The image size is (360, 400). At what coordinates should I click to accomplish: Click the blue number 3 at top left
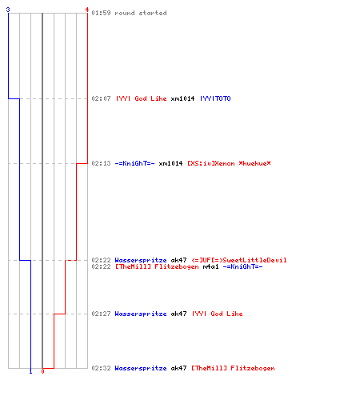8,10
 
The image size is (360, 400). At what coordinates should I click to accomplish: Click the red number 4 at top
86,10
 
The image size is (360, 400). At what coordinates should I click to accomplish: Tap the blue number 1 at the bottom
30,371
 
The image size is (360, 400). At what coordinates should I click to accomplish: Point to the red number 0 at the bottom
42,371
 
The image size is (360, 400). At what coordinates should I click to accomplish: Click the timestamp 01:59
101,13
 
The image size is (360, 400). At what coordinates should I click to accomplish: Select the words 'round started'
141,13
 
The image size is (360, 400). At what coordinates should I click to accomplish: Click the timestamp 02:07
101,98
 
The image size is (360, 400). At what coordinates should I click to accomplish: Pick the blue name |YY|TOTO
215,98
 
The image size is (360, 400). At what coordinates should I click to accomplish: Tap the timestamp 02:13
101,163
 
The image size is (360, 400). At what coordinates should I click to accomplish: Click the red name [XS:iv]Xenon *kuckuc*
230,163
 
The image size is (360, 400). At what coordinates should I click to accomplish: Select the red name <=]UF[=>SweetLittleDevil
239,260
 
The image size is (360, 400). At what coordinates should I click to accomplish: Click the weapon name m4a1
210,266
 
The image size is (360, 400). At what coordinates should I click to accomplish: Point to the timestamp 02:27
101,314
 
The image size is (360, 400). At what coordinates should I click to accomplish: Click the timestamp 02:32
101,368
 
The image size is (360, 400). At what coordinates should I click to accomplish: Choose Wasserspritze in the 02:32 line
141,368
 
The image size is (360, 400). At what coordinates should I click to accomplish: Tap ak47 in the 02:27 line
178,314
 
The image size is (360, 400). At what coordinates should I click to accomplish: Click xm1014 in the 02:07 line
182,98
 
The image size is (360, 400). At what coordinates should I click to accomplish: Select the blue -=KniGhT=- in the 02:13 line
134,163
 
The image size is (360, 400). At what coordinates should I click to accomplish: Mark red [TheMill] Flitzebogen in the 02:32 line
234,368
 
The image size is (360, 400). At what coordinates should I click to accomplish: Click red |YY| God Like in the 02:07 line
142,98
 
